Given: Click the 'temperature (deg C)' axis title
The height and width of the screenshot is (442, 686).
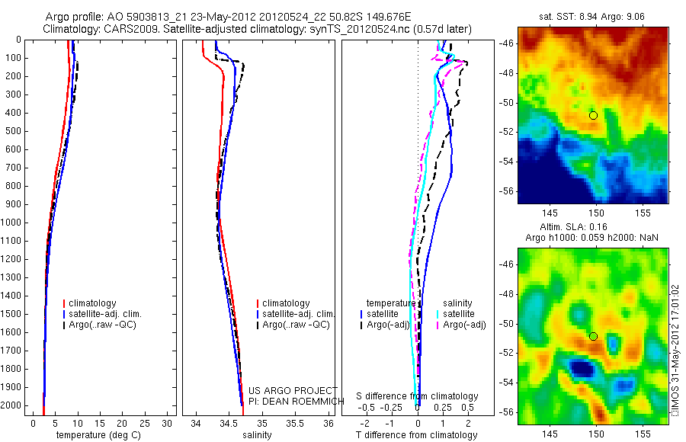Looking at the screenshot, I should (95, 435).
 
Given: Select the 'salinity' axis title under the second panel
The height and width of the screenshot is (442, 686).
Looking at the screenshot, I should (255, 435).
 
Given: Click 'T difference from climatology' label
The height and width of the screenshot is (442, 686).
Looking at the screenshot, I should (417, 435).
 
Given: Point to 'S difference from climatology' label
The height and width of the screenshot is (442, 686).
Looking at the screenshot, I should (417, 397).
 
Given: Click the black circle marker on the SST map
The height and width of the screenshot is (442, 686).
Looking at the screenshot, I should (593, 115).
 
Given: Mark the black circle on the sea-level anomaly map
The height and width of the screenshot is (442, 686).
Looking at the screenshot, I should (593, 336).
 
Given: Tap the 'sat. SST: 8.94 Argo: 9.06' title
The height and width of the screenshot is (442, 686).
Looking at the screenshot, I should (593, 15).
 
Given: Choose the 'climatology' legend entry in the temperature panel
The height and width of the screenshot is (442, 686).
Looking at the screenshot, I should (92, 303).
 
